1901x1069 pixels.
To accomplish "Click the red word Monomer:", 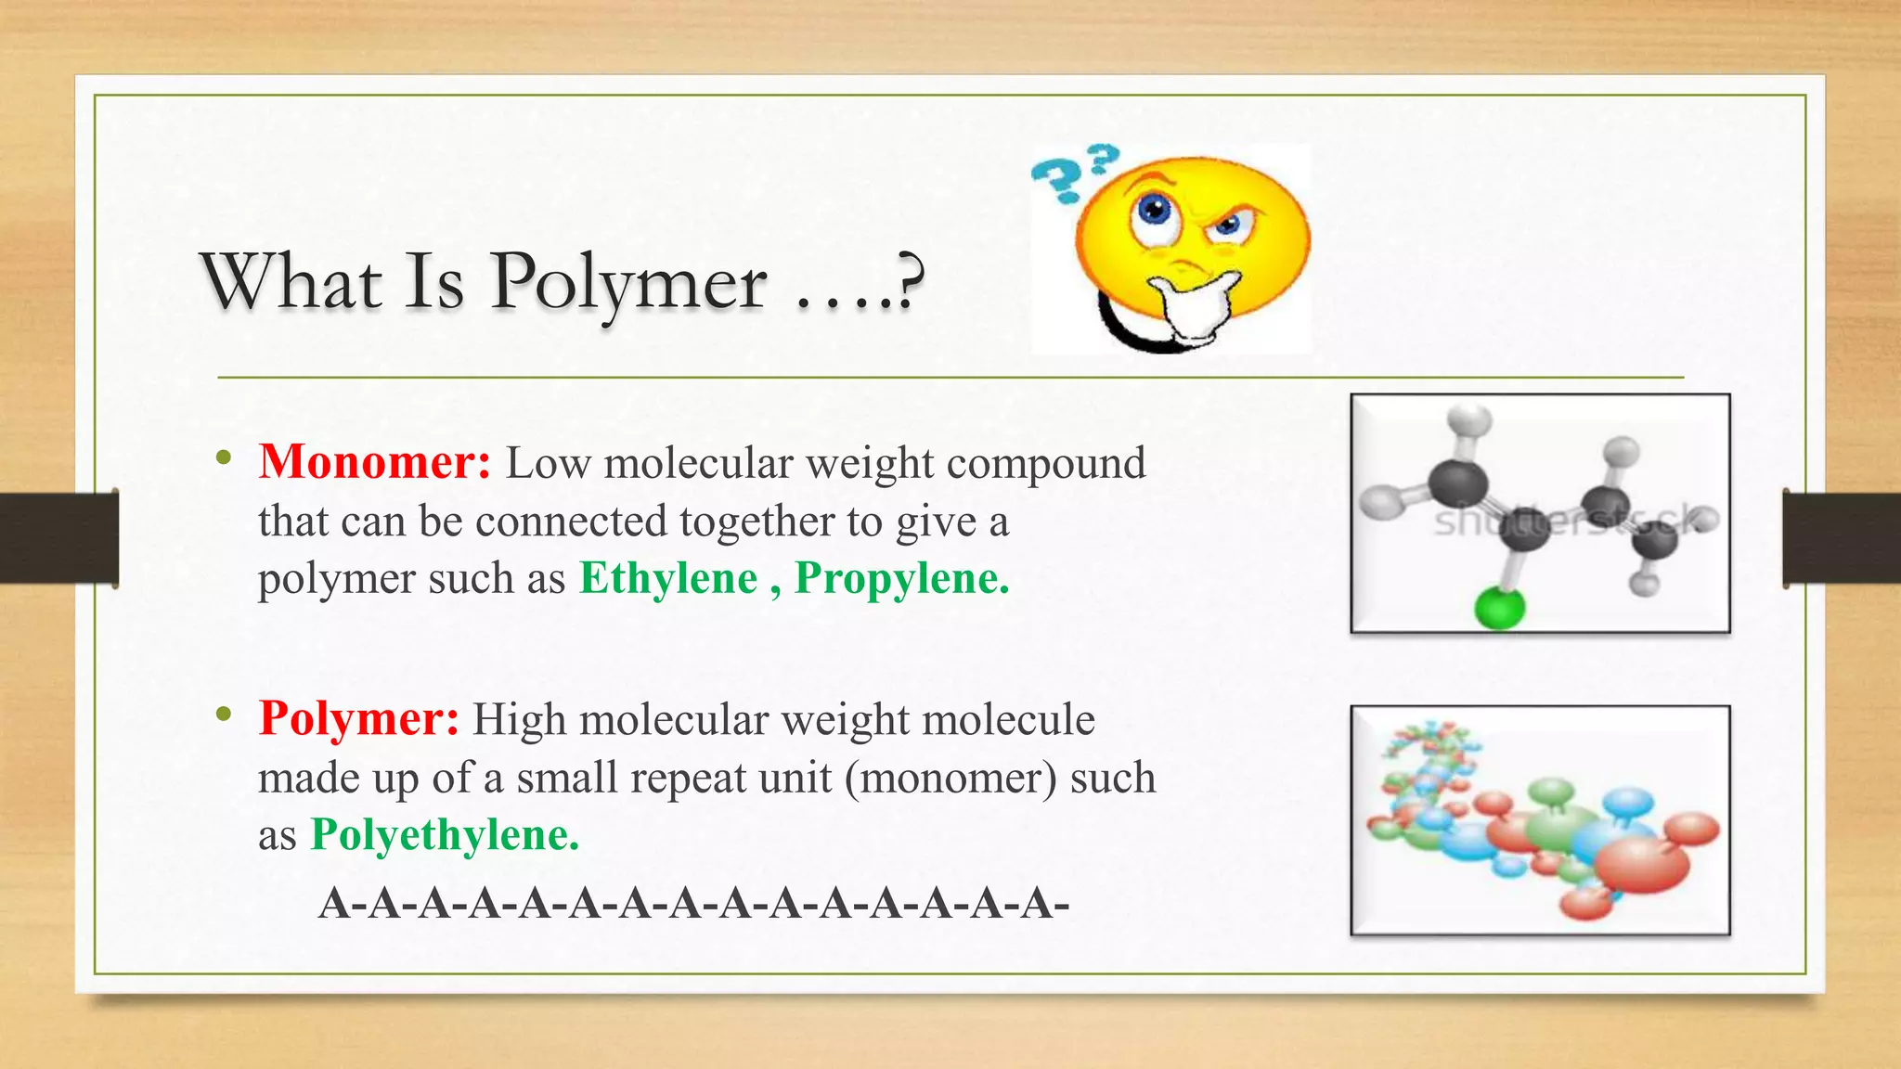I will tap(374, 462).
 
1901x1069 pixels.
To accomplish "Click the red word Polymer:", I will tap(358, 718).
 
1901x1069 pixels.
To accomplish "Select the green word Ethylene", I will tap(668, 578).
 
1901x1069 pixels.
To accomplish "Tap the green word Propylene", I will tap(901, 578).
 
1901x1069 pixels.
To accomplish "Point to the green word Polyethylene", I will tap(445, 834).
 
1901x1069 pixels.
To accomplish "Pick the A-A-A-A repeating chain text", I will tap(693, 903).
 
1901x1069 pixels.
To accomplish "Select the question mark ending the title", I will tap(911, 281).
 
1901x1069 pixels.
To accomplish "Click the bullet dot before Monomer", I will tap(223, 457).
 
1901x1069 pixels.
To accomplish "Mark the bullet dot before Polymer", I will tap(223, 714).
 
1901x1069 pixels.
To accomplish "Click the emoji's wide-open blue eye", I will tap(1155, 211).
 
